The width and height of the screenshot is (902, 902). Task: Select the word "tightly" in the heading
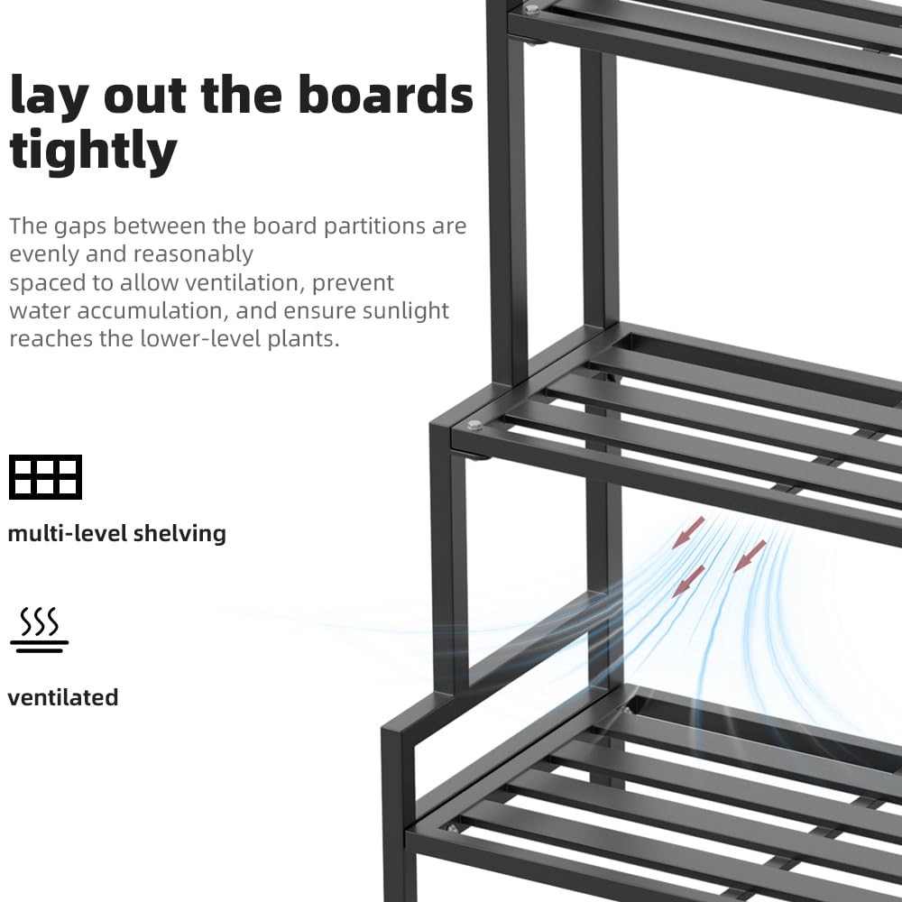point(93,151)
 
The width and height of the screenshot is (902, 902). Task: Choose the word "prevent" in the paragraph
point(352,282)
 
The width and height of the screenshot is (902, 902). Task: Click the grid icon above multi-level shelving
point(45,477)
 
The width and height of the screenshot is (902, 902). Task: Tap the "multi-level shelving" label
point(116,533)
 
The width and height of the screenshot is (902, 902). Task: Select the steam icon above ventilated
point(39,630)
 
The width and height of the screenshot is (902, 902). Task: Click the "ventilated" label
point(63,697)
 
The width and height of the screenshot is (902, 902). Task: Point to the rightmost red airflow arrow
point(750,556)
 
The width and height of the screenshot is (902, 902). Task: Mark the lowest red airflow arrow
point(689,581)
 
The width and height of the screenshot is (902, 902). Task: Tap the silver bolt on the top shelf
point(530,10)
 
